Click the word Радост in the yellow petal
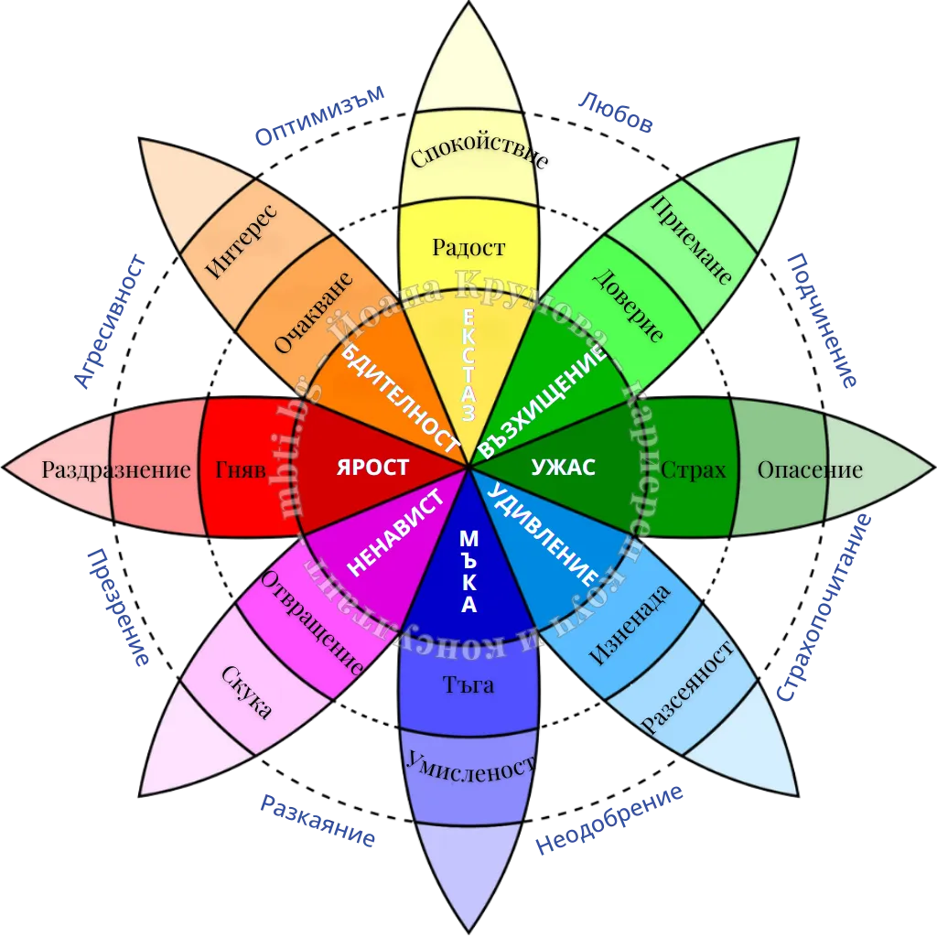[x=468, y=247]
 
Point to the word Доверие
[x=628, y=305]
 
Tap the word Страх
[x=693, y=470]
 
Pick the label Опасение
[x=810, y=470]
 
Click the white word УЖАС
[x=564, y=468]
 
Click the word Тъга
[x=468, y=684]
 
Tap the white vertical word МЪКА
[x=468, y=572]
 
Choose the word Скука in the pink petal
[x=247, y=692]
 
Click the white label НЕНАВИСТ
[x=396, y=532]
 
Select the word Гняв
[x=241, y=470]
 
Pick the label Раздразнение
[x=116, y=470]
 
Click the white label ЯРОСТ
[x=372, y=467]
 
